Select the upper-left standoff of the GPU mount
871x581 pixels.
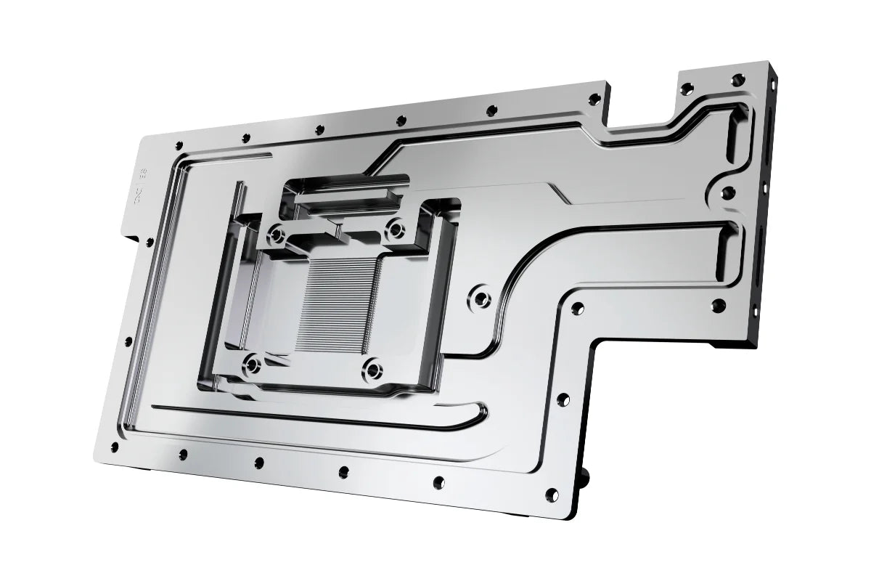tap(277, 235)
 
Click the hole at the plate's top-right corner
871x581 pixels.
tap(739, 78)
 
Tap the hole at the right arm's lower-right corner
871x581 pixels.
tap(718, 305)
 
